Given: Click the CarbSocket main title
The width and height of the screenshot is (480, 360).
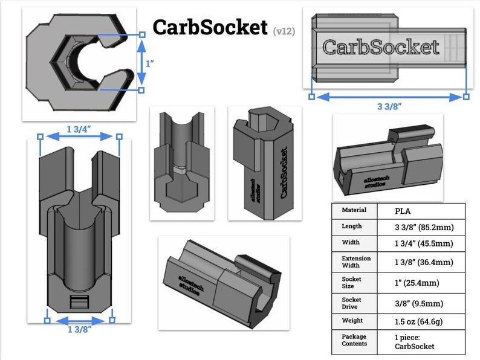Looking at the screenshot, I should click(209, 27).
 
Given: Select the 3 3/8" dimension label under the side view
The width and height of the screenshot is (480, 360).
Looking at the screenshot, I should click(389, 107).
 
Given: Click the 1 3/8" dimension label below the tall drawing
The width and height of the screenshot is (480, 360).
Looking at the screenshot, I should click(80, 329).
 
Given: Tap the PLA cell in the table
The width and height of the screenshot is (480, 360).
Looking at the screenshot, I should click(403, 211).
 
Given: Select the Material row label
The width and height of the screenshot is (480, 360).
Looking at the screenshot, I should click(354, 210).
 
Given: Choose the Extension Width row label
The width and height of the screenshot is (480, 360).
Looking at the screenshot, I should click(357, 262).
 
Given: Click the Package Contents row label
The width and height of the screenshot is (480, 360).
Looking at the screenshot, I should click(355, 340).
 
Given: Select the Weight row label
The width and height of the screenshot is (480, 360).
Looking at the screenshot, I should click(352, 320).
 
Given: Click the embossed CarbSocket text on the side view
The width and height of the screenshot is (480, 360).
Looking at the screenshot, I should click(381, 47).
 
